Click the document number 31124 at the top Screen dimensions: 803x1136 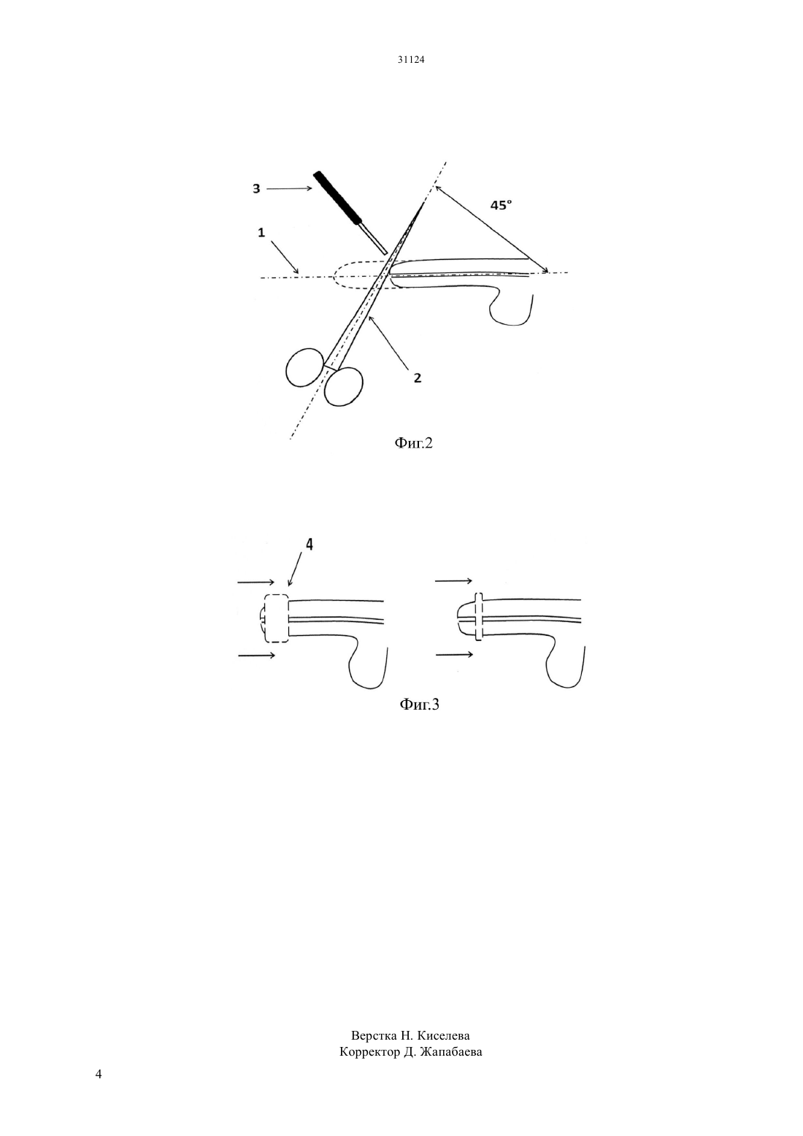(x=410, y=59)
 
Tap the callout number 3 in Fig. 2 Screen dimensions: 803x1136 (x=256, y=188)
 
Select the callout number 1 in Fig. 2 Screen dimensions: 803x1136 (x=261, y=232)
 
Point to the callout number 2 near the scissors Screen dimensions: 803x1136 (x=418, y=378)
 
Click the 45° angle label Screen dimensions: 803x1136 (x=501, y=205)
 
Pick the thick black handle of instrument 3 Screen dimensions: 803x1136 (x=337, y=197)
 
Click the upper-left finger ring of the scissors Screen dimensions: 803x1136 (x=304, y=368)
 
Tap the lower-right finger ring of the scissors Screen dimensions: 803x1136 (x=344, y=386)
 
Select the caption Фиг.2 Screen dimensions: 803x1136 (x=413, y=442)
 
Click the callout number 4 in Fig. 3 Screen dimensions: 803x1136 (x=309, y=544)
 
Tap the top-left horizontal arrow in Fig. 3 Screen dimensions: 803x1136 (x=256, y=582)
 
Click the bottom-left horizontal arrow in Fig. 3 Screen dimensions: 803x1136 (x=257, y=655)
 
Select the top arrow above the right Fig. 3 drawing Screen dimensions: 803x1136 (x=454, y=580)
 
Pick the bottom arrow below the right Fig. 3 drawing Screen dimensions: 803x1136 (x=455, y=655)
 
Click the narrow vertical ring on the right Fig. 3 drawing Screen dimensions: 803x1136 (x=478, y=616)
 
